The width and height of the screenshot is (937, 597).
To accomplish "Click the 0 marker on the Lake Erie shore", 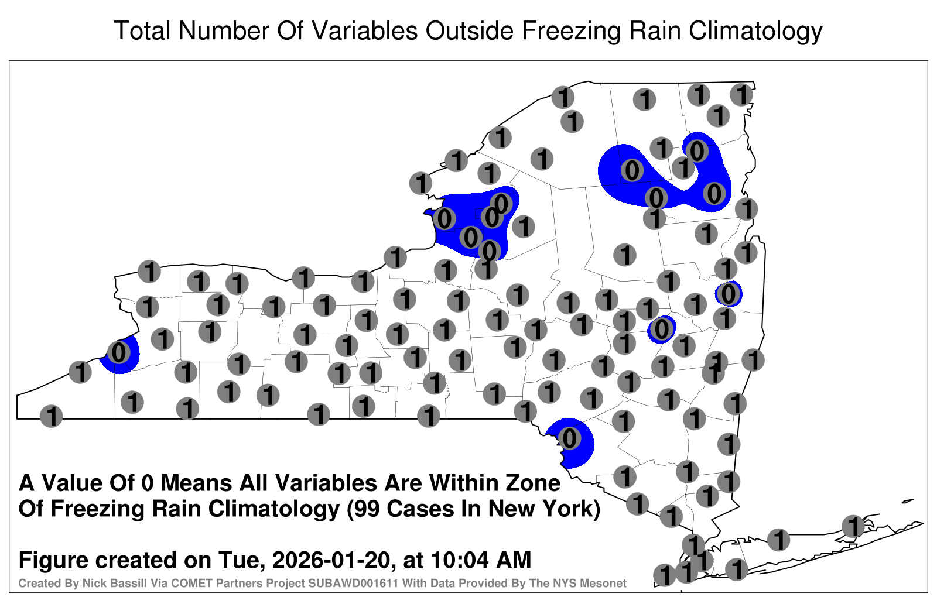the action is (119, 352).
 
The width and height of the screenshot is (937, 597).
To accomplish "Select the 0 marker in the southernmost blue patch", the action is (569, 438).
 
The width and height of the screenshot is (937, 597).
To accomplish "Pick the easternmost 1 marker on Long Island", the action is (853, 526).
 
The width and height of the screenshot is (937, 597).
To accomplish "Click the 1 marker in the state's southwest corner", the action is (51, 416).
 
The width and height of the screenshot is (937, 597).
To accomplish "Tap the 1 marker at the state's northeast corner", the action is (741, 95).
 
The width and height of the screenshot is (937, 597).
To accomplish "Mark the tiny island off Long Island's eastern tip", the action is (908, 501).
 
